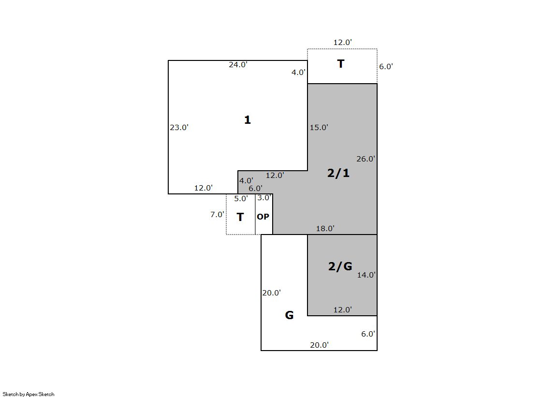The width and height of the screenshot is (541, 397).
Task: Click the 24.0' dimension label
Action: tap(238, 65)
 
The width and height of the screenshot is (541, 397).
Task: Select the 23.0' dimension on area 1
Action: tap(179, 127)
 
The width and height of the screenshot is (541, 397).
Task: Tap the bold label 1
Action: tap(248, 120)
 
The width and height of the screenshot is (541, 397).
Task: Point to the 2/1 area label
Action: tap(338, 173)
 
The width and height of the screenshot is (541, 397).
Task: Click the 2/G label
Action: tap(340, 266)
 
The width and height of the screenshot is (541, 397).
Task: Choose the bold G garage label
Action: tap(289, 315)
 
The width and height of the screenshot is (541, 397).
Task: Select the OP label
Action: tap(263, 217)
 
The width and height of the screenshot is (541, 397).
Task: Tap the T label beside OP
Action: tap(240, 217)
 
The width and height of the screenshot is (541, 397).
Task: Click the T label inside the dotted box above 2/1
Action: tap(340, 64)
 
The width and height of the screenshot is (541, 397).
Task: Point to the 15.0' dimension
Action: tap(319, 127)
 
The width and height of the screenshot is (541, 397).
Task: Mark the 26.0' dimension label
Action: tap(366, 159)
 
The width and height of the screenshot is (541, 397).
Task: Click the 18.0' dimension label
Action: tap(325, 228)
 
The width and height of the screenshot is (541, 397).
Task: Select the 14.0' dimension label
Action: tap(366, 275)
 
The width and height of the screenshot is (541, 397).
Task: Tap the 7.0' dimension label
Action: tap(217, 214)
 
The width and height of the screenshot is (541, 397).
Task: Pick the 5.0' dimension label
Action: tap(241, 198)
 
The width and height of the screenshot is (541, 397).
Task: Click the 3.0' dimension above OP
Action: tap(264, 197)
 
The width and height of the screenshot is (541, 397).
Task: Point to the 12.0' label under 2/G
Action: tap(343, 309)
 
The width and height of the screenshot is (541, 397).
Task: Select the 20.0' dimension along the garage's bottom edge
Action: tap(319, 345)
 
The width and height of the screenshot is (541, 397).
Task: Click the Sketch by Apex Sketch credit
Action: tap(29, 394)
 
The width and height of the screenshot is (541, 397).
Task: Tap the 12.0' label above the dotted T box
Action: tap(343, 42)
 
